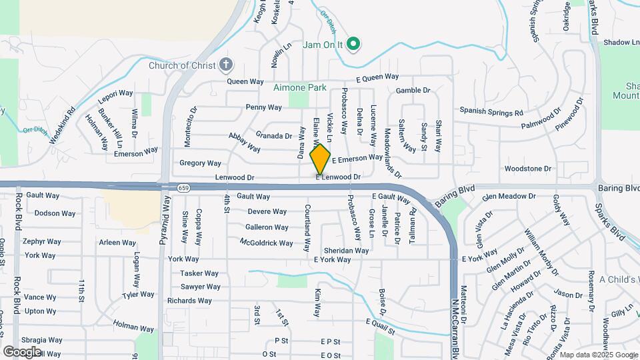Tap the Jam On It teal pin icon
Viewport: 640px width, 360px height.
click(x=355, y=45)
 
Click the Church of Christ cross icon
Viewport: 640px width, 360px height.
click(x=226, y=65)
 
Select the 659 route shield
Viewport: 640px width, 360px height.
click(x=183, y=188)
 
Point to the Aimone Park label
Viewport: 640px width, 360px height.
click(x=299, y=87)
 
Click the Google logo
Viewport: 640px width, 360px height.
click(x=22, y=351)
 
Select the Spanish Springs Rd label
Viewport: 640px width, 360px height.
click(x=491, y=111)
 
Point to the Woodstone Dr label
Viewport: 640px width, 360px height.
click(x=529, y=169)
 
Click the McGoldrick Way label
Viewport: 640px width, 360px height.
click(x=266, y=243)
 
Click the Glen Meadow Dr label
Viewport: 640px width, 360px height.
click(x=509, y=197)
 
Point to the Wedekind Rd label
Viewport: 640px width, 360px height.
click(x=62, y=122)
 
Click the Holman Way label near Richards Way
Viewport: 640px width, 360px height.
click(x=133, y=325)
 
